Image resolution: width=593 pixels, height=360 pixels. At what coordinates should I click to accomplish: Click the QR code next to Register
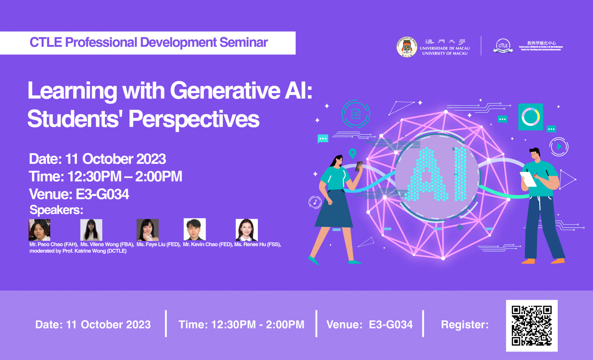tap(532, 326)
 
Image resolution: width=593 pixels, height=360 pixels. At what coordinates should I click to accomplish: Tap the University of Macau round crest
tap(407, 47)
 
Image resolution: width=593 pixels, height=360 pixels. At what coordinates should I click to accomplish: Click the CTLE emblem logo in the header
tap(503, 46)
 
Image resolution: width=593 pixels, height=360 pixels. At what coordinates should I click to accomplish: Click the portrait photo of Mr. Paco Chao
tap(39, 230)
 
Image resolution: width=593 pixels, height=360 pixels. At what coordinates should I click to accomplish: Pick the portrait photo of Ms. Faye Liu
tap(147, 230)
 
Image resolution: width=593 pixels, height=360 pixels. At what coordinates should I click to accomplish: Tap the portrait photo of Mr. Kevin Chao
tap(195, 229)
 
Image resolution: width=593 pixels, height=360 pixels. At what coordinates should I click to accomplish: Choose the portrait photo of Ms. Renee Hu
tap(246, 230)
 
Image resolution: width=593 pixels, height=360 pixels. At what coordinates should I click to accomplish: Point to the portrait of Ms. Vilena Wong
tap(91, 230)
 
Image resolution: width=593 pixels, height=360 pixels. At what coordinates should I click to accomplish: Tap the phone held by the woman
tap(359, 166)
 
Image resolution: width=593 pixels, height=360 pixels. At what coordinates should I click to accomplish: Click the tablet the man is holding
tap(528, 179)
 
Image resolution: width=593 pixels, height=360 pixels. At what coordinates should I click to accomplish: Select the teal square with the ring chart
tap(530, 117)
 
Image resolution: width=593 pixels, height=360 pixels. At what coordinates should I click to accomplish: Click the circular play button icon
tap(559, 147)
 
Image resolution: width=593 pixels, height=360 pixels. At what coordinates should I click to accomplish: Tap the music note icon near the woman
tap(315, 202)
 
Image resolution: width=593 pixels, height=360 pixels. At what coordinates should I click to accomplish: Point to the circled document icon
tap(356, 114)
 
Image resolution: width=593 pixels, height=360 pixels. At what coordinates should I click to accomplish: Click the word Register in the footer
tap(464, 325)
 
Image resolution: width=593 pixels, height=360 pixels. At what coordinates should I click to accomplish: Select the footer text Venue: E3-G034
tap(369, 325)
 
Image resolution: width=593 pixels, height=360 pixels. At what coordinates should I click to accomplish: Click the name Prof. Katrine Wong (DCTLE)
tap(95, 251)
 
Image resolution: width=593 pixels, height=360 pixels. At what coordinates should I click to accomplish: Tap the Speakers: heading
tap(56, 210)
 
